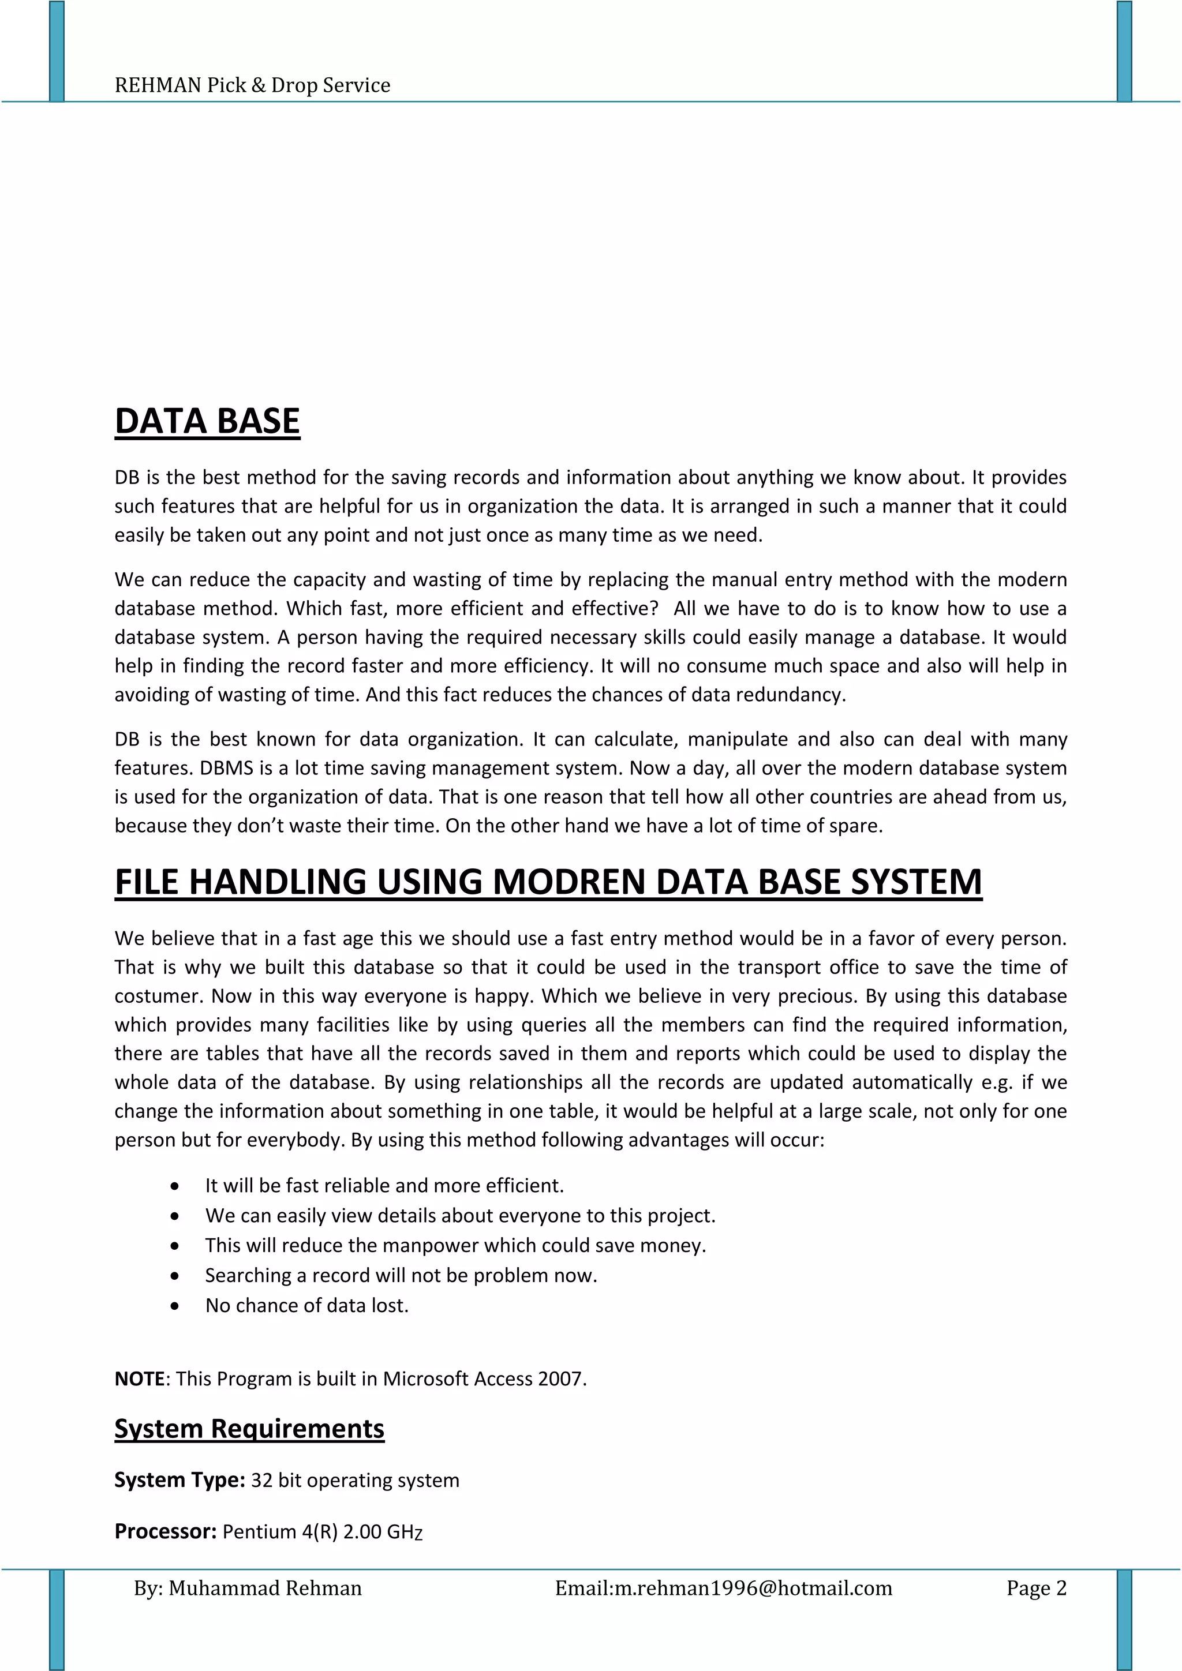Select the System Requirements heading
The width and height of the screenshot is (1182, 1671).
[249, 1429]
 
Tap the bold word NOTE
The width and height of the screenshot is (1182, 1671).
[139, 1378]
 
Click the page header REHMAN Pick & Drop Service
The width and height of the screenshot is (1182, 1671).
[252, 85]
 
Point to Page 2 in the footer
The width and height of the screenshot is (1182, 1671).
[1036, 1588]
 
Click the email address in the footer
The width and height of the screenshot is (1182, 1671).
[753, 1588]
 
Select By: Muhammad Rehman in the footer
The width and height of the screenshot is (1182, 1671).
[248, 1588]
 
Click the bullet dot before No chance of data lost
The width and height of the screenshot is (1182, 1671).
[175, 1306]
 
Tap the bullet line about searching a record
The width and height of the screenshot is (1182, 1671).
[401, 1275]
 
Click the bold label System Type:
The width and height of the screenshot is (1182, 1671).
[179, 1481]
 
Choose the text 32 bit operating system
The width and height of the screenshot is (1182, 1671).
[355, 1481]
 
